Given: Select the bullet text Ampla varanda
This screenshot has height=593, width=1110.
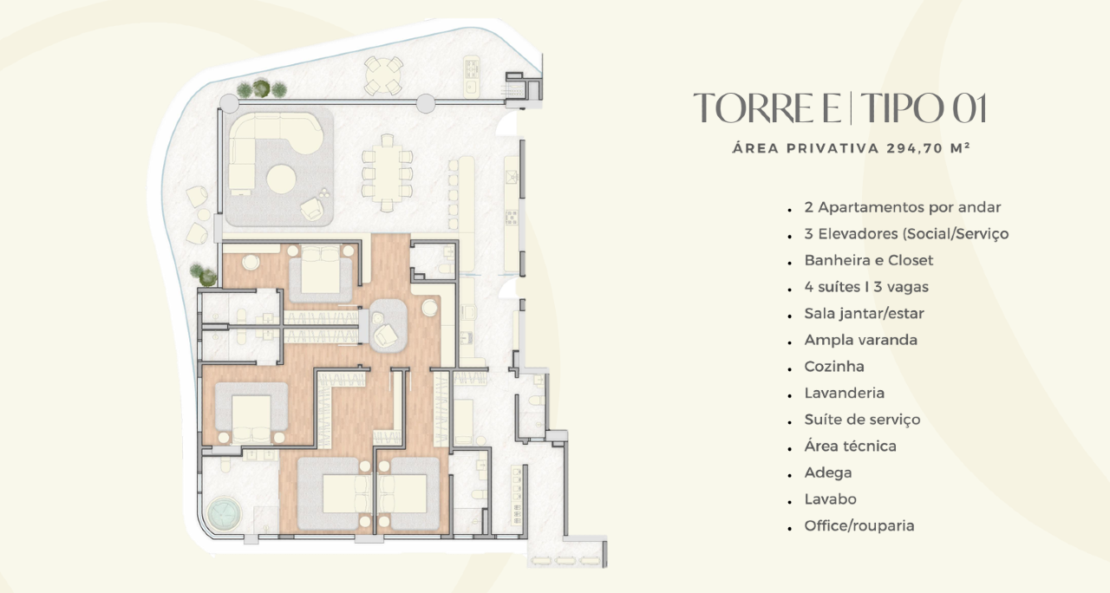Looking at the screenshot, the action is tap(861, 340).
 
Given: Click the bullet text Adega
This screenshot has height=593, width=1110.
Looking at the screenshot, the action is tap(828, 472).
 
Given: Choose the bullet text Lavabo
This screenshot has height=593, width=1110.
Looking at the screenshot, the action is tap(830, 499).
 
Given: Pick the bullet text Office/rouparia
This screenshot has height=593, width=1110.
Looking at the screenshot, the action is tap(859, 525).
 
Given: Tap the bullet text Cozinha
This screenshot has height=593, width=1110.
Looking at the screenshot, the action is tap(834, 367).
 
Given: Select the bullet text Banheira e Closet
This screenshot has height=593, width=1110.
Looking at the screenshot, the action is tap(869, 260).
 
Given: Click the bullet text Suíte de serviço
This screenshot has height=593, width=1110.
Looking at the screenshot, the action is tap(862, 420).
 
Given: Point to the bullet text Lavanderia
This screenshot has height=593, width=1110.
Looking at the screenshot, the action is tap(845, 393).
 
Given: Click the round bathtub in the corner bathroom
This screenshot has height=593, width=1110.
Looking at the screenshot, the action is tap(224, 514).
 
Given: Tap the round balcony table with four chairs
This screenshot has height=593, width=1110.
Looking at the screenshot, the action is tap(383, 75).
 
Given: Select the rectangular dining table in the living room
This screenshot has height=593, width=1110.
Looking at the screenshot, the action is tap(387, 173).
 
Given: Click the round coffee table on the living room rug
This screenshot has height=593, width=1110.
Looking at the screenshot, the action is tap(282, 179).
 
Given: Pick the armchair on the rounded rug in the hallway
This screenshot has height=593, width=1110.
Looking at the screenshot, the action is tap(386, 336).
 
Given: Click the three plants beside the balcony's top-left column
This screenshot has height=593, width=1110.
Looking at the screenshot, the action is tap(261, 89).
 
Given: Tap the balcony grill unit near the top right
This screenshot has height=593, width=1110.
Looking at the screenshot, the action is tap(471, 76).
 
